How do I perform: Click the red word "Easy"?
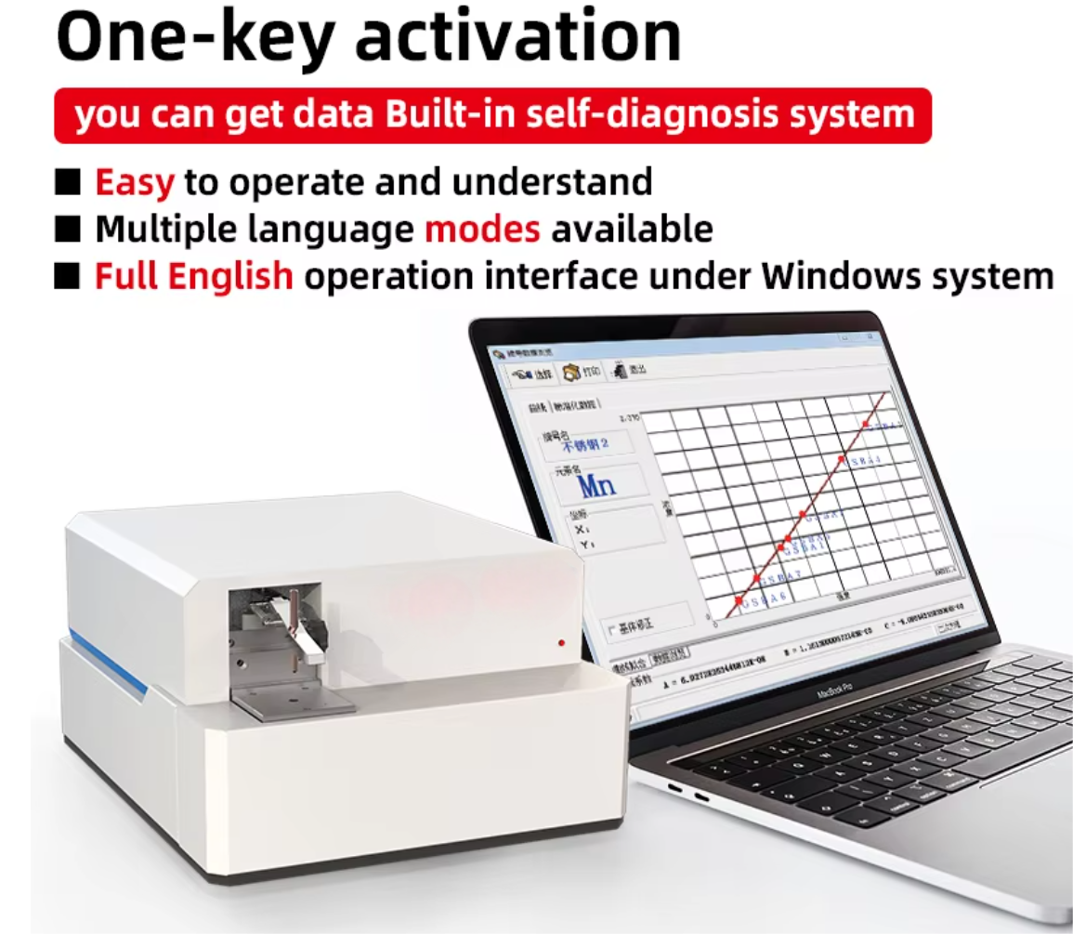[134, 181]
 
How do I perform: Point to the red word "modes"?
[482, 228]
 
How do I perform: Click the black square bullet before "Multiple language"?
[68, 229]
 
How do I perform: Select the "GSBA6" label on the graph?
[765, 596]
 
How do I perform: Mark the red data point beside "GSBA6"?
[739, 602]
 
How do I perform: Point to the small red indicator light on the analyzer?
[562, 642]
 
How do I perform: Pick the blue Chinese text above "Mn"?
[584, 445]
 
